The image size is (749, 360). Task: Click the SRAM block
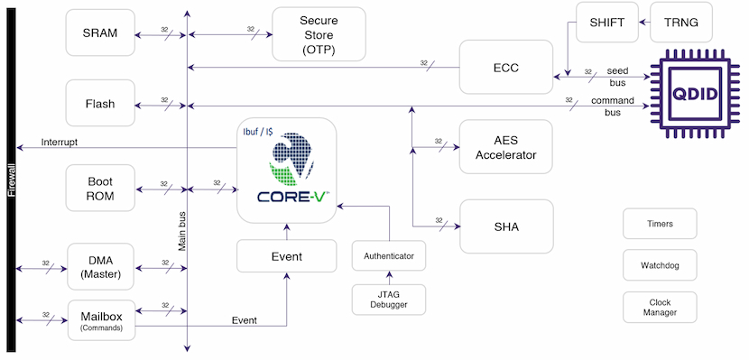point(99,33)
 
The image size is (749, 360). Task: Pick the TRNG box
point(680,22)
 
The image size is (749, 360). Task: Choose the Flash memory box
point(99,103)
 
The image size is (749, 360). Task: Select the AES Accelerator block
point(505,147)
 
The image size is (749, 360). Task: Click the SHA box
point(505,226)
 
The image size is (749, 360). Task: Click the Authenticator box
point(389,256)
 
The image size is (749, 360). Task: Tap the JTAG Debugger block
point(389,300)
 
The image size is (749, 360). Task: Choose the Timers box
point(660,223)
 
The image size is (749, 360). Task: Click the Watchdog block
point(660,265)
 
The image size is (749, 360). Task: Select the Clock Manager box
point(660,307)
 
